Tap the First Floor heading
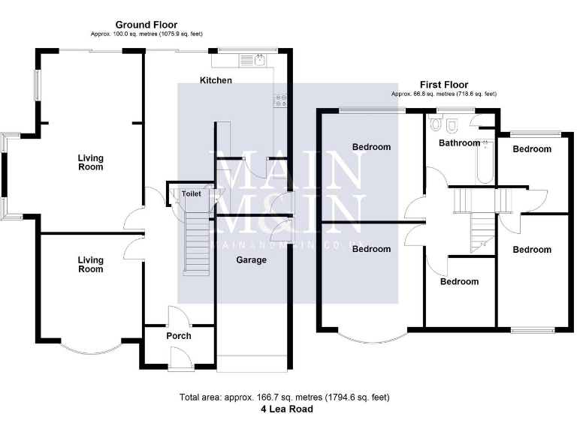click(443, 85)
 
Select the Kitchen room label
click(216, 80)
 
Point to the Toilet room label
click(192, 193)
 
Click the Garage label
click(252, 260)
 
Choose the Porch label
click(179, 335)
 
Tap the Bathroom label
click(459, 142)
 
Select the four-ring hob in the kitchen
click(281, 100)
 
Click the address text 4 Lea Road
click(287, 409)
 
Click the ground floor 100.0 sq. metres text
click(147, 34)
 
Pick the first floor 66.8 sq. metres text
click(443, 94)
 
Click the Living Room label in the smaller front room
click(91, 265)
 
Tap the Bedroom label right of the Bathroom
click(532, 149)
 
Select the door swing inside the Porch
click(177, 315)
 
